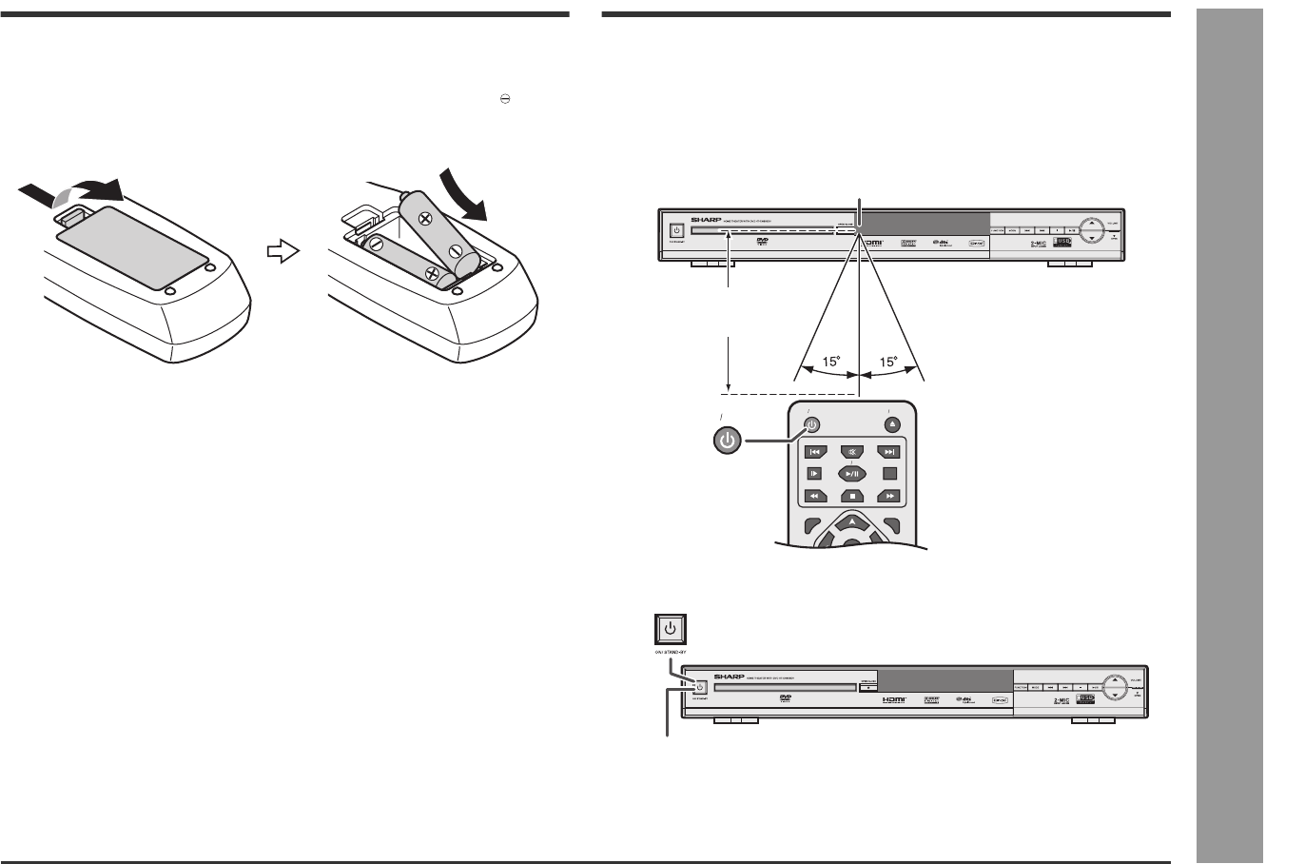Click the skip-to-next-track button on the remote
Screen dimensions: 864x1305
pos(888,452)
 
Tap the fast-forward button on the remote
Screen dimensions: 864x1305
pos(888,495)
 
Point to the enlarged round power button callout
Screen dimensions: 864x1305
pos(727,441)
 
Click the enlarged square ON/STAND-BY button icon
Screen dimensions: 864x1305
pos(671,629)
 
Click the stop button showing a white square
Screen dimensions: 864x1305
pos(853,495)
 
